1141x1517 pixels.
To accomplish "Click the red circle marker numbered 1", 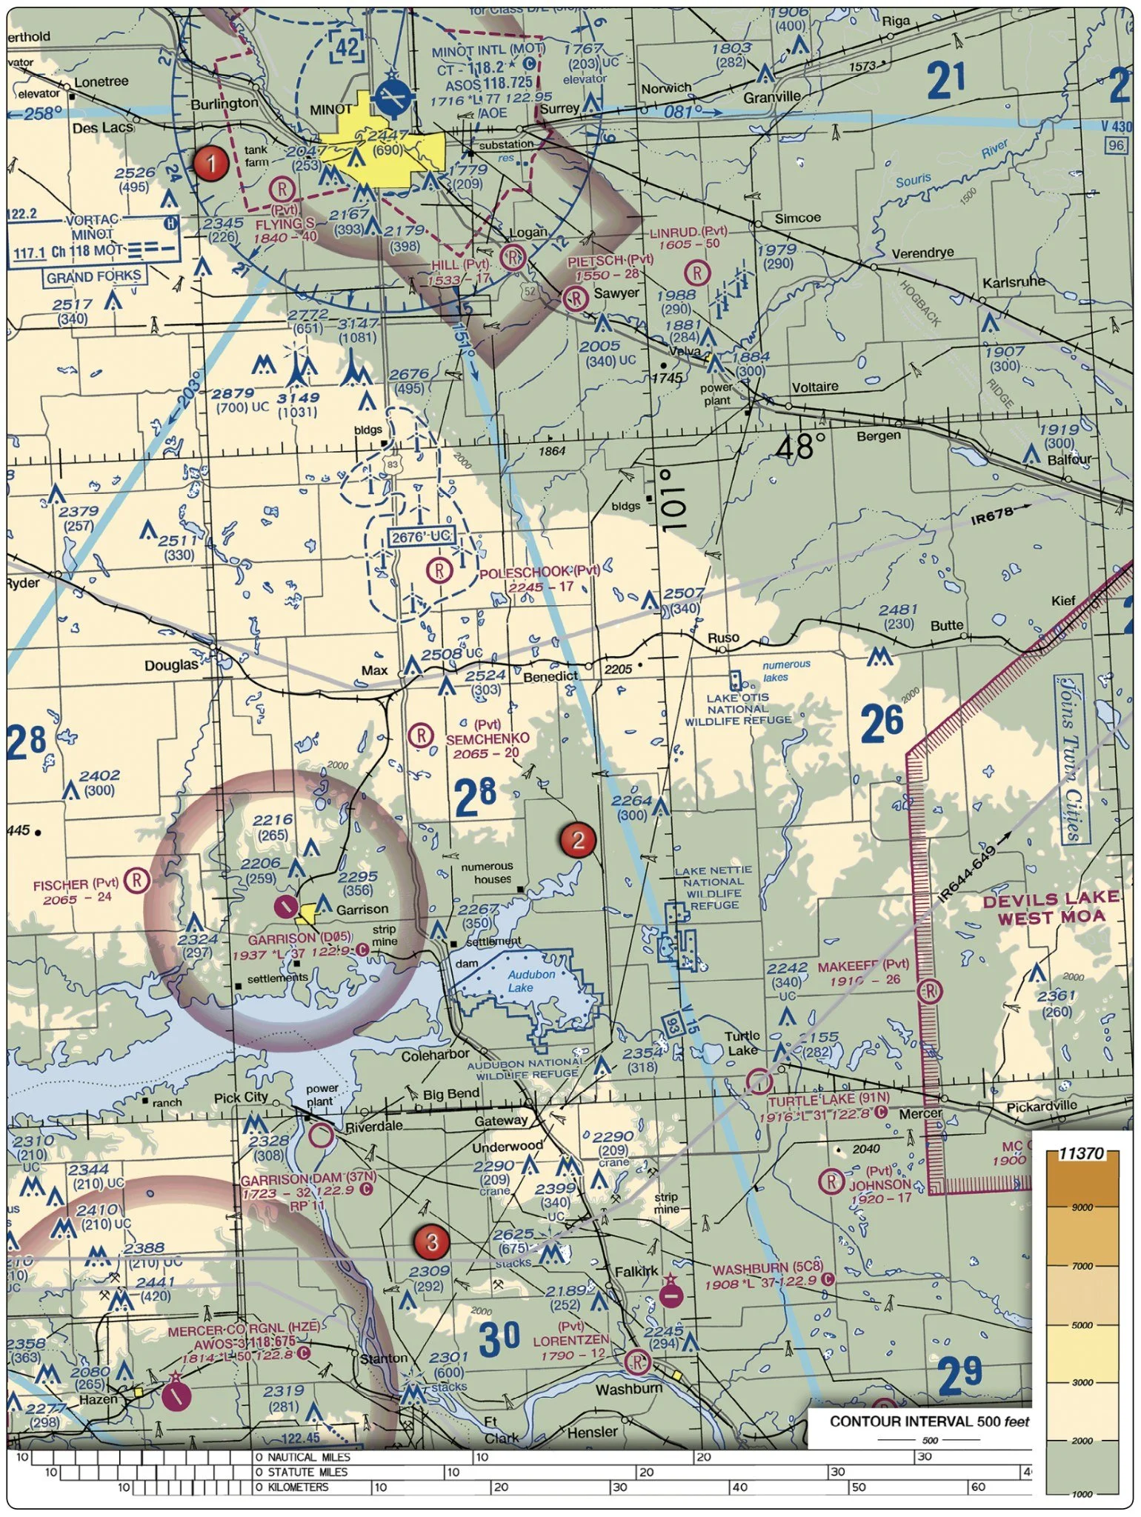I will (x=211, y=162).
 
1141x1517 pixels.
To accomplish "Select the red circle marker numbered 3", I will (x=432, y=1241).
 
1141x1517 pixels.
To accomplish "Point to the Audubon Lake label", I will (x=531, y=981).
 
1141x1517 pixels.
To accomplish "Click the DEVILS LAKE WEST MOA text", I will (x=1050, y=907).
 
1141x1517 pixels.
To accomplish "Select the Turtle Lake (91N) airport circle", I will (x=759, y=1081).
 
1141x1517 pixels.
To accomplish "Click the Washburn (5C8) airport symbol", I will (x=671, y=1296).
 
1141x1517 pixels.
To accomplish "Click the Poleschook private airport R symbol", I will (x=440, y=570).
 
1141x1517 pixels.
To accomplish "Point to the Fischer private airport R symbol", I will (x=137, y=880).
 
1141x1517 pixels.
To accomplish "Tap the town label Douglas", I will (x=172, y=665).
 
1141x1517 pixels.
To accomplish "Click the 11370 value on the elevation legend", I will (x=1081, y=1153).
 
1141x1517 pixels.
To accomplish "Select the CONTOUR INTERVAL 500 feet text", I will (x=929, y=1421).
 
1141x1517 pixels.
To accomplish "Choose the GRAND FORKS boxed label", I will (x=95, y=277).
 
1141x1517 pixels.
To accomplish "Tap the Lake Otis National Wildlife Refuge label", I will (x=738, y=709).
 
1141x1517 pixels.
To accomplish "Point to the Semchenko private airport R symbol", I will (x=421, y=736).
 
